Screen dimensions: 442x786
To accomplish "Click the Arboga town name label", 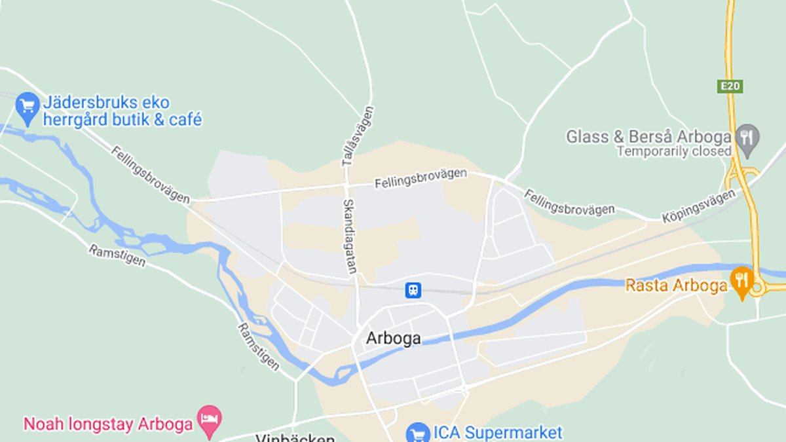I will (393, 339).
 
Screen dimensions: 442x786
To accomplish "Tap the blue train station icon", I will (413, 290).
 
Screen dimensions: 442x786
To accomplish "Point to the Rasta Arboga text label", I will (676, 285).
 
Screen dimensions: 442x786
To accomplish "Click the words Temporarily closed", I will (674, 151).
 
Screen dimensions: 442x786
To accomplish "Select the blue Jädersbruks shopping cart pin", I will (28, 107).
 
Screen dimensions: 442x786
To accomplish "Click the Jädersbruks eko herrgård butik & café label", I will (122, 111).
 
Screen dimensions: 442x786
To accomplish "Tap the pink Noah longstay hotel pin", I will (210, 420).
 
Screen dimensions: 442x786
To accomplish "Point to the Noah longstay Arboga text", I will (108, 424).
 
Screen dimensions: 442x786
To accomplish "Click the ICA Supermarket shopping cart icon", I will (417, 433).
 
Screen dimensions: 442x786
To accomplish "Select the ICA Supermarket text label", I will (497, 433).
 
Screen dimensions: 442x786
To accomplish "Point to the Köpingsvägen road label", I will (698, 206).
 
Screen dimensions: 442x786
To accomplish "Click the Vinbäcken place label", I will (295, 438).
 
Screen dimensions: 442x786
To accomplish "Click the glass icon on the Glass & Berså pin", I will (746, 137).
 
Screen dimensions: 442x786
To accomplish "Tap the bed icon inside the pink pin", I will (210, 417).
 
